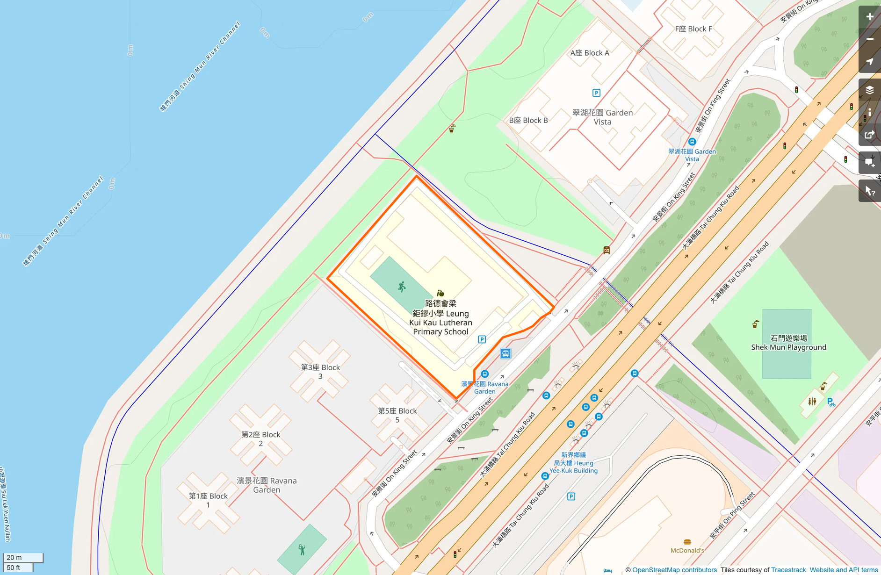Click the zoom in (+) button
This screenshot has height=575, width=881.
[x=870, y=17]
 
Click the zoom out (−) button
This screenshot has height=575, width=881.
[x=870, y=39]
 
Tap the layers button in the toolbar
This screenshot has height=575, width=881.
[x=870, y=90]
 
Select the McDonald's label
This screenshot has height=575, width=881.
[x=687, y=550]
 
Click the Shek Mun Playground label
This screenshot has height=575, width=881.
[x=788, y=343]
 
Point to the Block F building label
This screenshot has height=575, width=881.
[x=693, y=29]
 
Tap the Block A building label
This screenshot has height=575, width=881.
[x=590, y=53]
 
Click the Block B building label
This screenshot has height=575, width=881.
[x=528, y=121]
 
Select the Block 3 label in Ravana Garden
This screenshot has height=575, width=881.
[x=320, y=372]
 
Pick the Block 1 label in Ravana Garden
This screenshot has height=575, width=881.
[x=208, y=500]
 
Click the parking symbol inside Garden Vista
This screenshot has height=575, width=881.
[x=596, y=93]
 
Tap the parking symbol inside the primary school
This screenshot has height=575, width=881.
[x=482, y=339]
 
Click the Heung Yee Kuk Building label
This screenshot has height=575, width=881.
[x=573, y=463]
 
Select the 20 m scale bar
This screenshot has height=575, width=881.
[x=23, y=558]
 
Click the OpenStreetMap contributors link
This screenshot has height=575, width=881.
[x=675, y=570]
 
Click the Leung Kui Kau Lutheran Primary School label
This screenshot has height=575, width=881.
[x=440, y=318]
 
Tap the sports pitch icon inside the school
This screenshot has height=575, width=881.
[x=402, y=287]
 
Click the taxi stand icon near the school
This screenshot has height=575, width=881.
[x=505, y=353]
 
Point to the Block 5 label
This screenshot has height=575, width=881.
[x=397, y=415]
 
